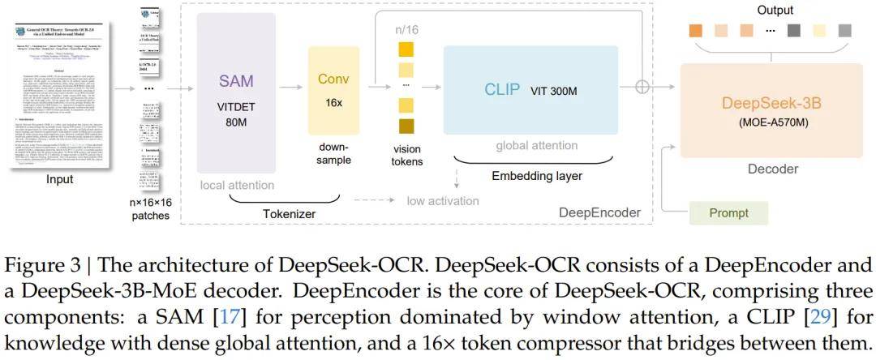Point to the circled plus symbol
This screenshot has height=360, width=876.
[x=644, y=87]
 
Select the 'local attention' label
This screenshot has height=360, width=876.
[x=237, y=186]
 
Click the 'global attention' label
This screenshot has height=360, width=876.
[x=531, y=145]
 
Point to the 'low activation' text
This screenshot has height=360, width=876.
[x=443, y=200]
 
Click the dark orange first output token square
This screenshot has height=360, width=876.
[x=695, y=31]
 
